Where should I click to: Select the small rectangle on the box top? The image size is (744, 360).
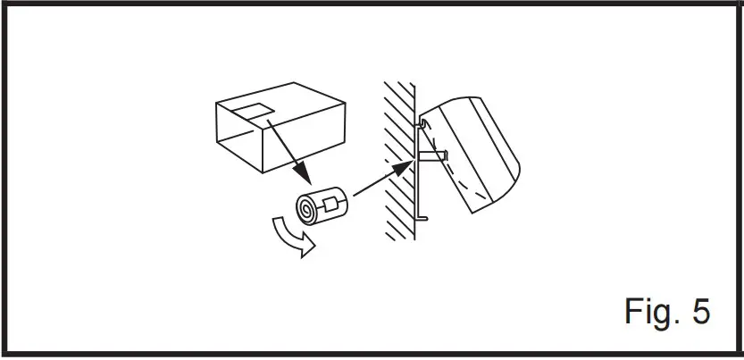pyautogui.click(x=253, y=113)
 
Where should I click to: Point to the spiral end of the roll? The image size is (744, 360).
pyautogui.click(x=306, y=211)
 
